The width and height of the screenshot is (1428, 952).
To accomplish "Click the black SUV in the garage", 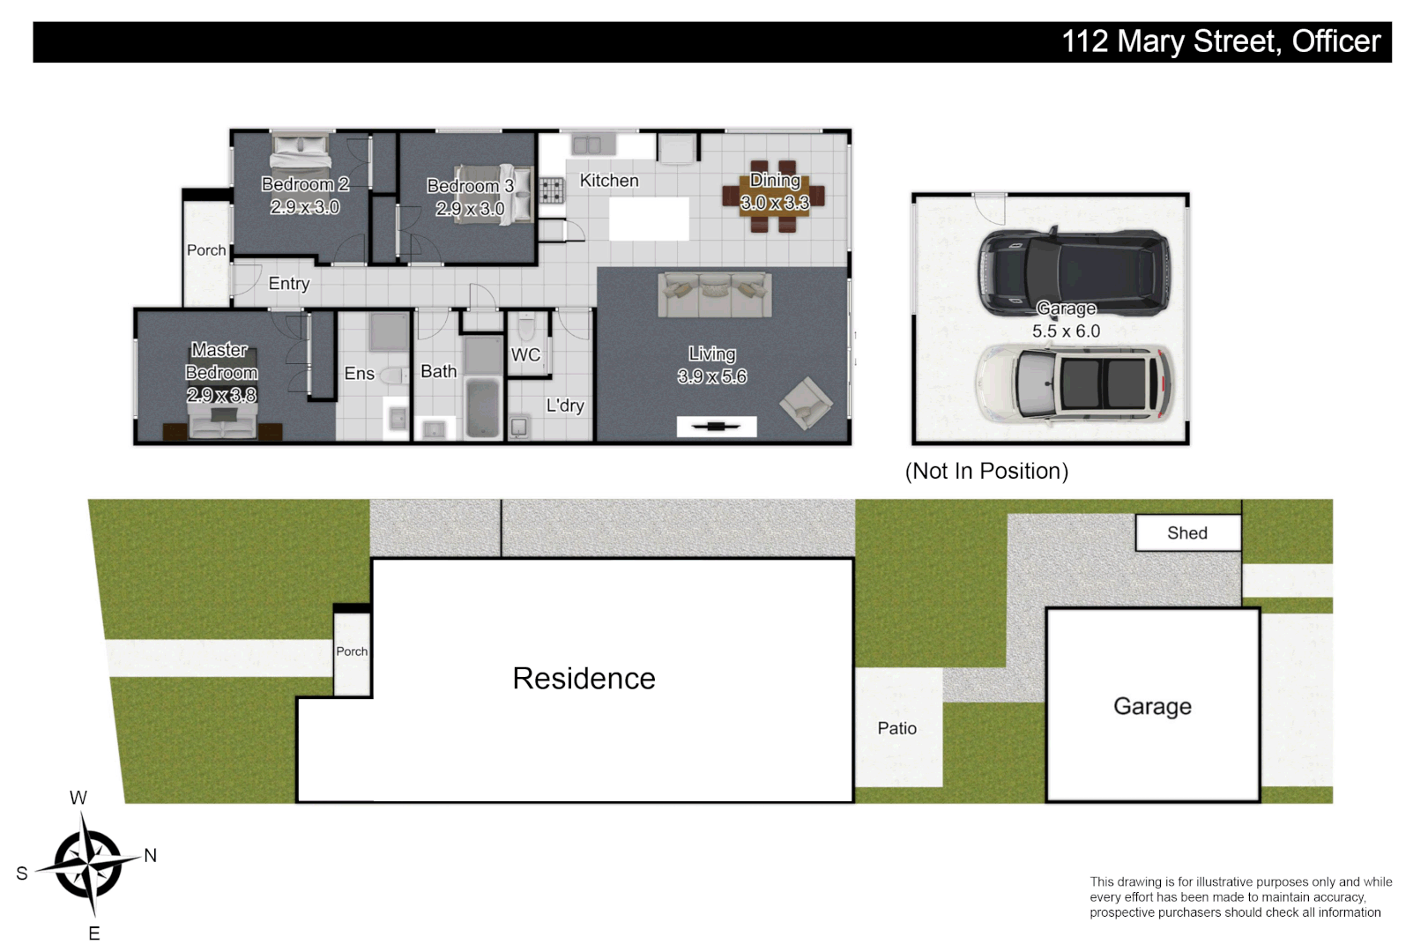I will tap(1074, 271).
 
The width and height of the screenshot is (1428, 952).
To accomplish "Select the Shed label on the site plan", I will tap(1186, 533).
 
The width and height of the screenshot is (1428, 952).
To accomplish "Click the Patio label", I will tap(896, 729).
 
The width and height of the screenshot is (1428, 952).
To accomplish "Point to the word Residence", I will tap(584, 679).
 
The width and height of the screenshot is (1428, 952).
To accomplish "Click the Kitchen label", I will tap(608, 181).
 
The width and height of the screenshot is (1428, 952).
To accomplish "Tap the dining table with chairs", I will tap(774, 197).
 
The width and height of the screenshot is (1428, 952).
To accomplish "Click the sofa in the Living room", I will tap(714, 294).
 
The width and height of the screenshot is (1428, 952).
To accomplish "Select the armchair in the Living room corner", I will tap(805, 403).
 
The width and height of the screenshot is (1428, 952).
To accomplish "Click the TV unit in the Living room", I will tap(716, 427).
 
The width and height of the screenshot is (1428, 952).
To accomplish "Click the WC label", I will tap(525, 355).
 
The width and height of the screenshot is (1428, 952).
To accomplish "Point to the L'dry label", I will tap(564, 405).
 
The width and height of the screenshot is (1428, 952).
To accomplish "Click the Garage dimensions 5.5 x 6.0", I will tap(1066, 331).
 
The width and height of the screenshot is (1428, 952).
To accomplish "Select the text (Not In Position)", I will tap(986, 472).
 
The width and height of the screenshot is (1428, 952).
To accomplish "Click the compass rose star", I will tap(88, 865).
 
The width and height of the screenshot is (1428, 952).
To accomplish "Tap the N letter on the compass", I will tap(151, 855).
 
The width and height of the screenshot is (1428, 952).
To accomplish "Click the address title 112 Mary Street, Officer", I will tap(1220, 41).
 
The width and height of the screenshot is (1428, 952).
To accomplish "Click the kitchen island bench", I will tap(649, 219).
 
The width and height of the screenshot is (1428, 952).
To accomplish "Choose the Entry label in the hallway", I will tap(288, 284).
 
